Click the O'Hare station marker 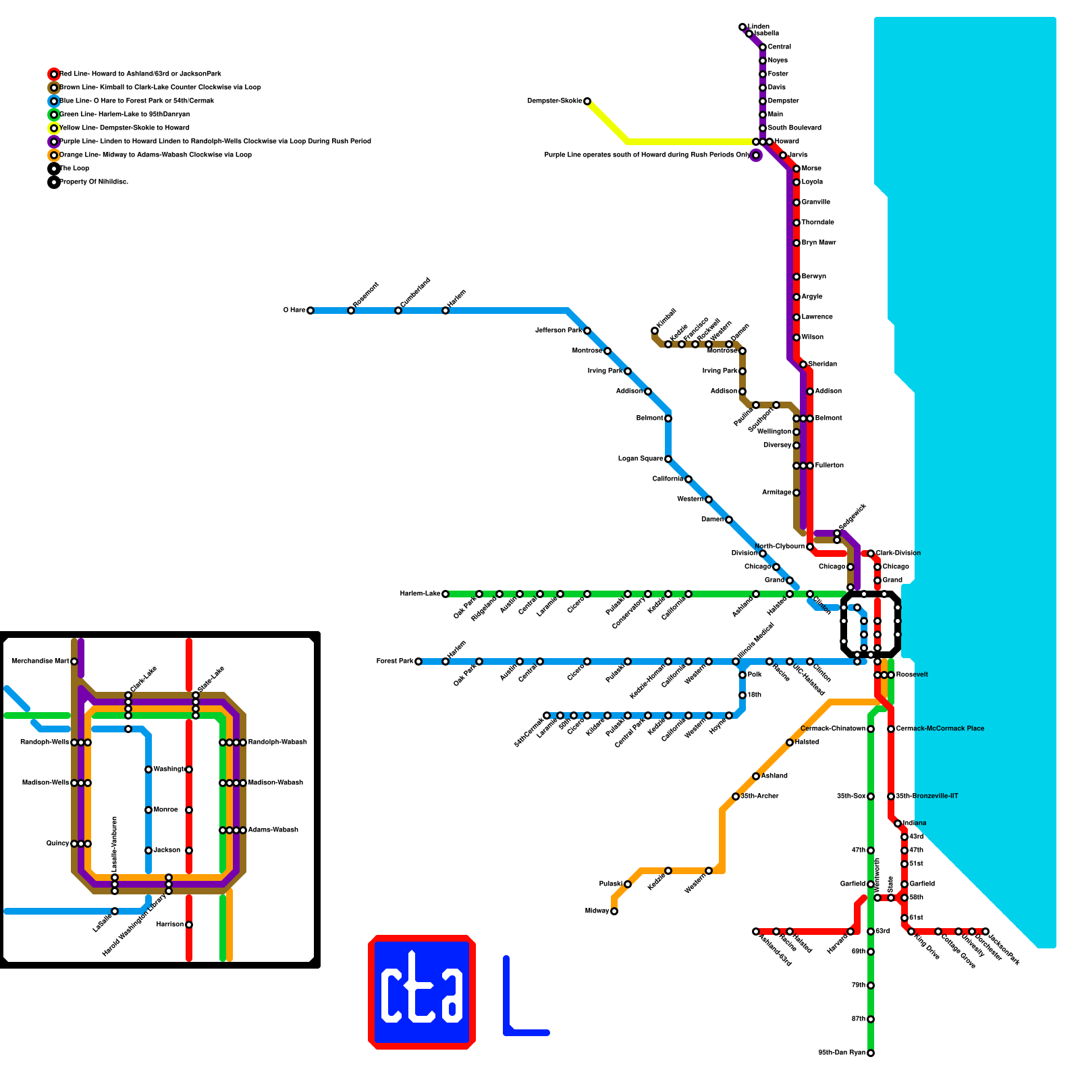coord(310,310)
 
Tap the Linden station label coord(759,27)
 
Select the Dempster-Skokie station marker coord(587,101)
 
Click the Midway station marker coord(614,911)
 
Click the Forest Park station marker coord(418,661)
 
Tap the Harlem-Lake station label coord(420,594)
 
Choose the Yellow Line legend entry coord(124,128)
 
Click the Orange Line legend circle coord(54,155)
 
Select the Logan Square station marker coord(668,459)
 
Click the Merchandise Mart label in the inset coord(40,661)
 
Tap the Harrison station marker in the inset coord(189,925)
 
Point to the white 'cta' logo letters coord(422,991)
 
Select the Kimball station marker coord(655,331)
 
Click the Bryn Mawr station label coord(818,243)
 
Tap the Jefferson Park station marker coord(587,331)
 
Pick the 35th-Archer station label coord(759,796)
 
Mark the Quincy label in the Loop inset coord(57,844)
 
